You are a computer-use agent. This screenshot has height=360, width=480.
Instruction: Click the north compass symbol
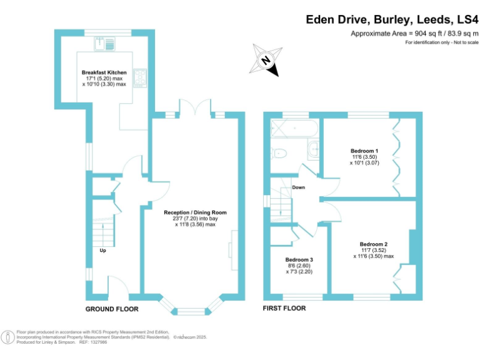pos(266,60)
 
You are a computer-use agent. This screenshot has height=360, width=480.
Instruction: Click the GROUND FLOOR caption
pos(112,309)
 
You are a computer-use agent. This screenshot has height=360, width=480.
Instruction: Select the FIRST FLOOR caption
pos(285,309)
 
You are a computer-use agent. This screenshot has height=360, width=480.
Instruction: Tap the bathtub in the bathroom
pos(293,128)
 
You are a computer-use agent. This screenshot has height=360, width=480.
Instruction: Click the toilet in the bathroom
pos(279,152)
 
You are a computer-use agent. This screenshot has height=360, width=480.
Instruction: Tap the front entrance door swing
pos(119,285)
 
